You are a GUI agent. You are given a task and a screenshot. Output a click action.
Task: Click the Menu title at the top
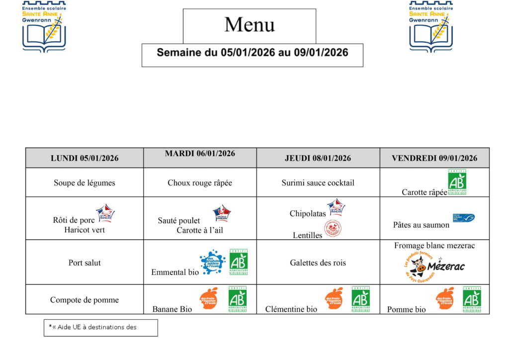[250, 25]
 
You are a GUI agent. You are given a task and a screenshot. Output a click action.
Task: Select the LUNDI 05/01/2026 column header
[85, 158]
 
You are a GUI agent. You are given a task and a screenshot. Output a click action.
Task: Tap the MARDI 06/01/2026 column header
[200, 154]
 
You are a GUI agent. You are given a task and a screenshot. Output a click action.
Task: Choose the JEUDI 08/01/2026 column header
[318, 158]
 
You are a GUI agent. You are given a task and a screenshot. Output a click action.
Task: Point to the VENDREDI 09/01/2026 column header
[434, 158]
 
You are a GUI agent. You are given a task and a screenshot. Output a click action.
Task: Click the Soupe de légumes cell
[85, 183]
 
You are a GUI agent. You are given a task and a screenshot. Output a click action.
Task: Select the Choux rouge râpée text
[200, 183]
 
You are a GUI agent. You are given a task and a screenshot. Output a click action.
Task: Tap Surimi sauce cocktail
[318, 183]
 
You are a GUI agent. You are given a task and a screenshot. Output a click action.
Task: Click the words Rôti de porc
[74, 220]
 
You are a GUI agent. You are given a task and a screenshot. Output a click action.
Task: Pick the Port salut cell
[85, 263]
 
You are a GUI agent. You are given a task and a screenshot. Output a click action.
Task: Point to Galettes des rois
[318, 263]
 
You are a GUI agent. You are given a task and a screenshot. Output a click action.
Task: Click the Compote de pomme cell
[85, 300]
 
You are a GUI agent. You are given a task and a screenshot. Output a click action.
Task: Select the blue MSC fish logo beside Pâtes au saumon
[463, 218]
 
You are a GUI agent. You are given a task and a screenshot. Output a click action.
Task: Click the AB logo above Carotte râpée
[457, 182]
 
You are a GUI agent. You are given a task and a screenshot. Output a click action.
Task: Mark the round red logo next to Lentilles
[333, 229]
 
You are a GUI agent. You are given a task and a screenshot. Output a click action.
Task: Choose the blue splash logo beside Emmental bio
[213, 262]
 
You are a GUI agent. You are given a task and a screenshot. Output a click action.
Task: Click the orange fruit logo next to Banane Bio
[209, 298]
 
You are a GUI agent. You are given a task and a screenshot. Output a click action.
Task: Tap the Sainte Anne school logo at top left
[44, 26]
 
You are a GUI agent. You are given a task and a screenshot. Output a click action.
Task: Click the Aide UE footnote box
[100, 327]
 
